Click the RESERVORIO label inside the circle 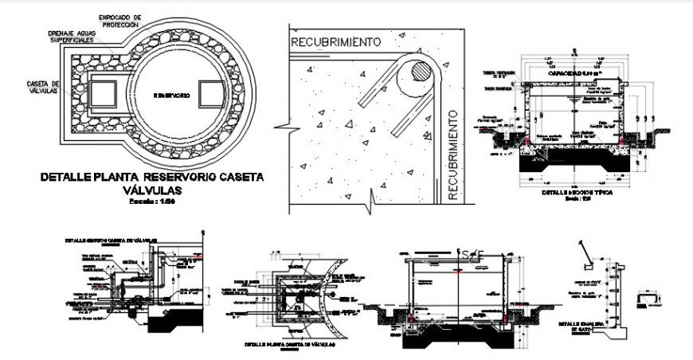171,95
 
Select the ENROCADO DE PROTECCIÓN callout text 120,20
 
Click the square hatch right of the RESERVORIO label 211,94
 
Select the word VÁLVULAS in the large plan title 151,191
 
